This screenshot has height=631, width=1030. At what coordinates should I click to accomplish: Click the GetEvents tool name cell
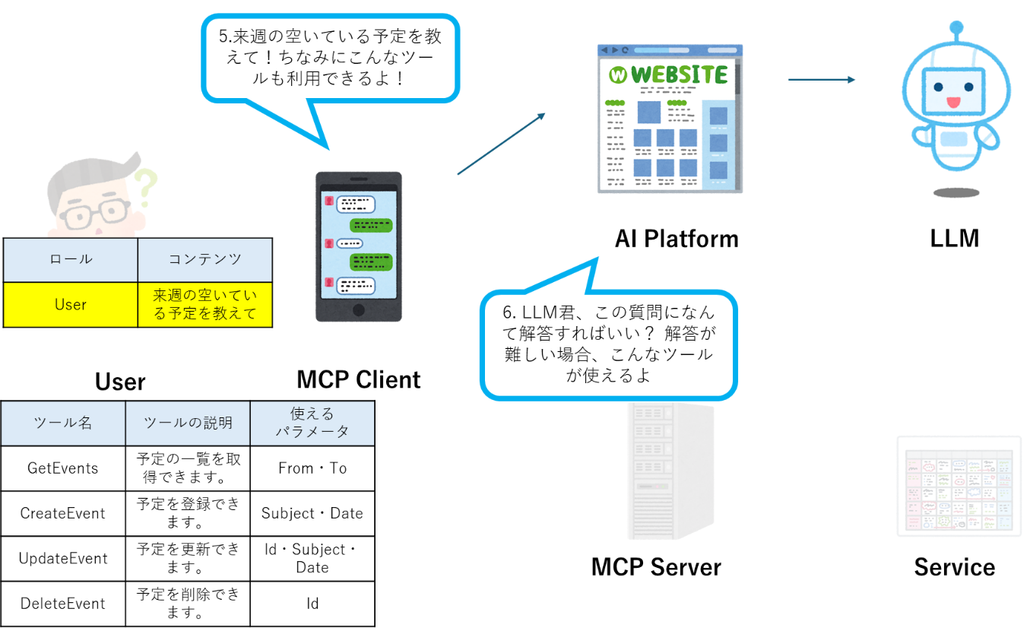63,468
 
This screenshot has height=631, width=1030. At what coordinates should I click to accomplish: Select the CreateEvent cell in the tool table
63,513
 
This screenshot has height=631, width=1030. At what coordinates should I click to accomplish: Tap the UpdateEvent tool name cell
63,558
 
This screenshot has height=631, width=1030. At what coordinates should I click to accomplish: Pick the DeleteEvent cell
63,604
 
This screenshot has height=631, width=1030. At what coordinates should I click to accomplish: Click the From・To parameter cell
312,468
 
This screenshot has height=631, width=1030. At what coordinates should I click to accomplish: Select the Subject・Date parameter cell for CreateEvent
312,513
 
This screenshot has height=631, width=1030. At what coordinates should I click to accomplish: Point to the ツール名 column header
63,423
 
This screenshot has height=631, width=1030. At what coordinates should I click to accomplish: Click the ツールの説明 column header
188,423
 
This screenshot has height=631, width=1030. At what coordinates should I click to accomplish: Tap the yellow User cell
71,305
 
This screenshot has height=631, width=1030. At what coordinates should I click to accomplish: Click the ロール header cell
71,259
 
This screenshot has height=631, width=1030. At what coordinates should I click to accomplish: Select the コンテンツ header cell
204,259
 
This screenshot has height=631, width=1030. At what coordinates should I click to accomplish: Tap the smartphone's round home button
359,310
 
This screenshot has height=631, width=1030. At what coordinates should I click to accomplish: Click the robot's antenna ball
956,29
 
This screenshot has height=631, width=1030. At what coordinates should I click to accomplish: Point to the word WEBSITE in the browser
679,75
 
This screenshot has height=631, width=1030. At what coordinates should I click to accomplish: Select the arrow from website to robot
821,79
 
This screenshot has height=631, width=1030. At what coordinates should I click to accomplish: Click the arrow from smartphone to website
502,144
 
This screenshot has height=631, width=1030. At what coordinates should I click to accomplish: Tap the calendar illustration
959,486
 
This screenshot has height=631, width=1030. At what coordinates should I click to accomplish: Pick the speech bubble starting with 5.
330,57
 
